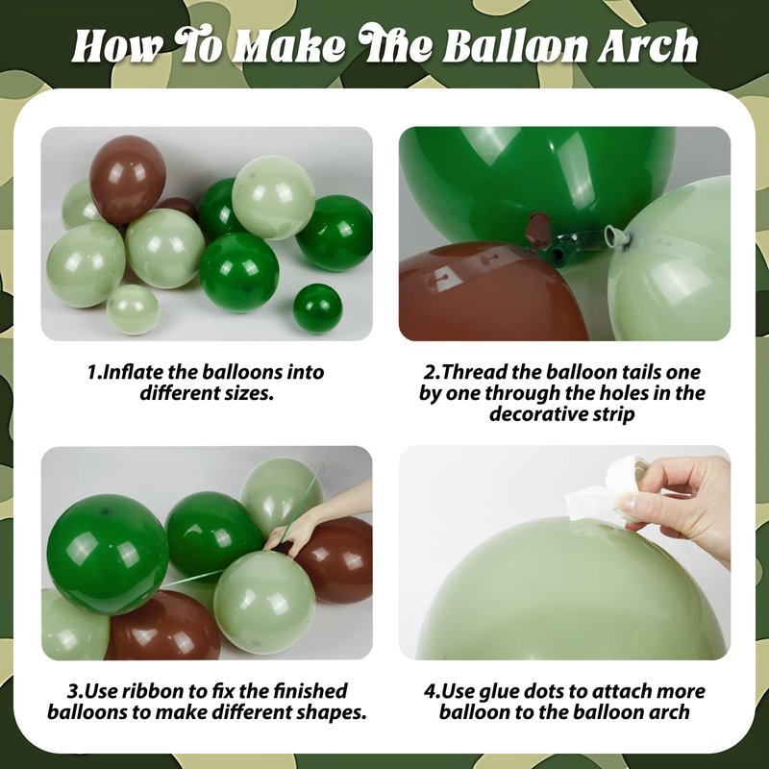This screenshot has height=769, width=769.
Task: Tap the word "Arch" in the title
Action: click(647, 46)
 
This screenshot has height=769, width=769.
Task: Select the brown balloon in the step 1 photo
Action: click(128, 179)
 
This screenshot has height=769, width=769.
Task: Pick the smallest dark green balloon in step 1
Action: click(317, 308)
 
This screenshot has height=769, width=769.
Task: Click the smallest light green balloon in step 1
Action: click(134, 310)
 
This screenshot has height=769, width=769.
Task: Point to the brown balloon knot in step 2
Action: click(538, 228)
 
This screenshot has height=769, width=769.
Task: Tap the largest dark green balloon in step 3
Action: click(108, 555)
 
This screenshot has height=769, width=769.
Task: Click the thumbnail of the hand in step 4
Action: click(631, 501)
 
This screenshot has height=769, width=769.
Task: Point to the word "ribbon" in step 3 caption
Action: click(157, 691)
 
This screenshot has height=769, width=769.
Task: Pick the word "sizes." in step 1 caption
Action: click(249, 393)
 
